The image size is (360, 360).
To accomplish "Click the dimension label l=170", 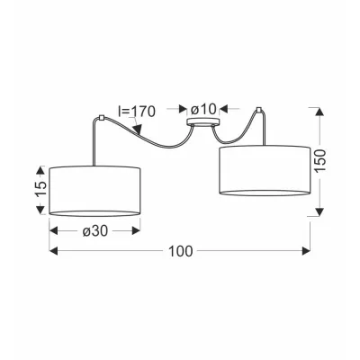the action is pos(137,112).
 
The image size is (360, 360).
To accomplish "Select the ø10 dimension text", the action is pos(203,109).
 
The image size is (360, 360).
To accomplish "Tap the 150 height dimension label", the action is pos(320,160).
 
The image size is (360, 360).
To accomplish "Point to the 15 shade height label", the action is pos(41,189).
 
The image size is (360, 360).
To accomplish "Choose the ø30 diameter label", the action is pos(94,230).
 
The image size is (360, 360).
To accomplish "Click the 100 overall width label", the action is pos(180,251).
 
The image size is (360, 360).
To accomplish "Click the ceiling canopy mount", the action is pos(203,122).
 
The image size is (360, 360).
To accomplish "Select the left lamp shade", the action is pos(94,191).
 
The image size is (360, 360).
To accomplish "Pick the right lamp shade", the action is pos(265,170).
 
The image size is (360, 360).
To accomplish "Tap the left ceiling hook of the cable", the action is pos(101,117).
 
